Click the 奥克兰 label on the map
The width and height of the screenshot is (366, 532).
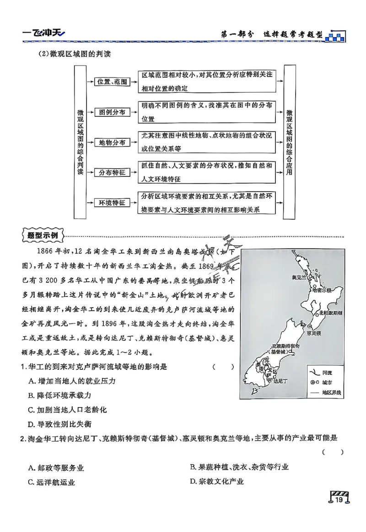[x=299, y=278]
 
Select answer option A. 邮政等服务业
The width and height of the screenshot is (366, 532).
[x=56, y=468]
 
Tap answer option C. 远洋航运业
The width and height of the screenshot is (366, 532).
[x=51, y=482]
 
